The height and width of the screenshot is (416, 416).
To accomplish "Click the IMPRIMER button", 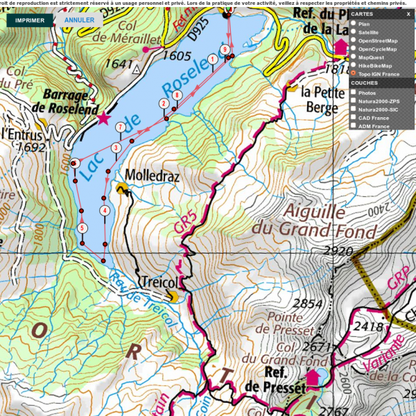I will pyautogui.click(x=31, y=20).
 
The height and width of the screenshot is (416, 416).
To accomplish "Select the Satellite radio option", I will pyautogui.click(x=354, y=33).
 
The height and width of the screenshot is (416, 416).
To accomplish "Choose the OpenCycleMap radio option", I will pyautogui.click(x=354, y=49).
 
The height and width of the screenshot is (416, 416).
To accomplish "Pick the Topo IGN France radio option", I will pyautogui.click(x=354, y=73).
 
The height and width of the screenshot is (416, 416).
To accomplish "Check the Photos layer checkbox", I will pyautogui.click(x=354, y=93).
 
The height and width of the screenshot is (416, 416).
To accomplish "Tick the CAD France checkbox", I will pyautogui.click(x=354, y=118).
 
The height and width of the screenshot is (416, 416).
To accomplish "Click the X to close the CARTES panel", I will pyautogui.click(x=408, y=14).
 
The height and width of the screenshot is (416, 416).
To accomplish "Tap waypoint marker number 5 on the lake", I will pyautogui.click(x=82, y=227).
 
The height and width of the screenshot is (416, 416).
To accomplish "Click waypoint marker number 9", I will pyautogui.click(x=225, y=49).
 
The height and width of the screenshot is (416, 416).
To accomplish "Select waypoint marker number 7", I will pyautogui.click(x=121, y=127).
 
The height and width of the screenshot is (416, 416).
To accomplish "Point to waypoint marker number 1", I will pyautogui.click(x=211, y=60).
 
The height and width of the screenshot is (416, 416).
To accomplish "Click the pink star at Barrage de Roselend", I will pyautogui.click(x=104, y=119).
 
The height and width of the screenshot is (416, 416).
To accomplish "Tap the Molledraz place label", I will pyautogui.click(x=152, y=177).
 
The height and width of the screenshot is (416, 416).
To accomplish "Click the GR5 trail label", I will pyautogui.click(x=181, y=227).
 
